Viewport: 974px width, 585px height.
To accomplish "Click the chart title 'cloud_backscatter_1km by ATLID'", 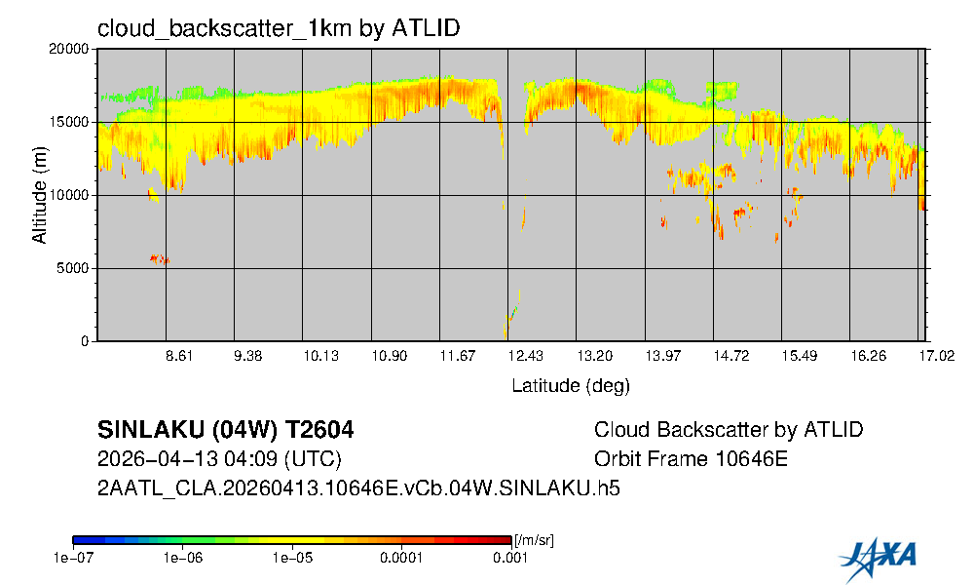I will coord(279,28).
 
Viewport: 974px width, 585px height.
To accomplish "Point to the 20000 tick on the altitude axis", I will coord(72,50).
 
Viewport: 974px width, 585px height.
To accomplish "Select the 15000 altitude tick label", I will coord(72,123).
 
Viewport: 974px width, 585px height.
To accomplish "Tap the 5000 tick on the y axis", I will coord(76,269).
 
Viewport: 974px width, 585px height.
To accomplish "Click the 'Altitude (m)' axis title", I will coord(39,195).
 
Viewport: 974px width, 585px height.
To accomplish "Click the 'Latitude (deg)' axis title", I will coord(571,386).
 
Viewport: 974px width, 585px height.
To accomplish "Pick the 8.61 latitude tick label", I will coord(180,358).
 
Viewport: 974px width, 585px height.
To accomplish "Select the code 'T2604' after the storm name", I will coord(317,430).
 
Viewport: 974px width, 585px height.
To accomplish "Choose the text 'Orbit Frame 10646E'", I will coord(690,459).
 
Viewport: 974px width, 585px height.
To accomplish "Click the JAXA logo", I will coord(878,556).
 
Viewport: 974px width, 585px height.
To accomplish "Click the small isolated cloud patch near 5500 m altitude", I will coord(159,259).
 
